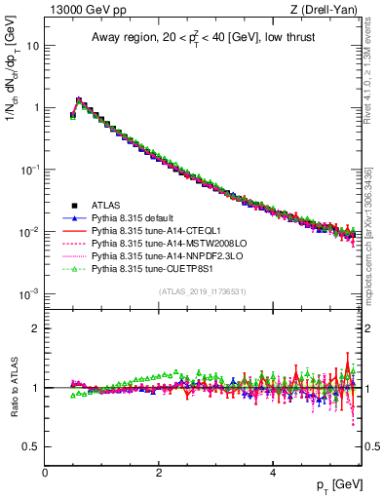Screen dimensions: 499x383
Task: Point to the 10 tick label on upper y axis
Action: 32,46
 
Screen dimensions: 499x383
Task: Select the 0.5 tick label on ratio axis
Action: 31,446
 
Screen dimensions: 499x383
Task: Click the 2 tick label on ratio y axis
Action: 36,328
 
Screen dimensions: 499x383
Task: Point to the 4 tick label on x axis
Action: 272,473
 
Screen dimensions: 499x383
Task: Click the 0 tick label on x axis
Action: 45,473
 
